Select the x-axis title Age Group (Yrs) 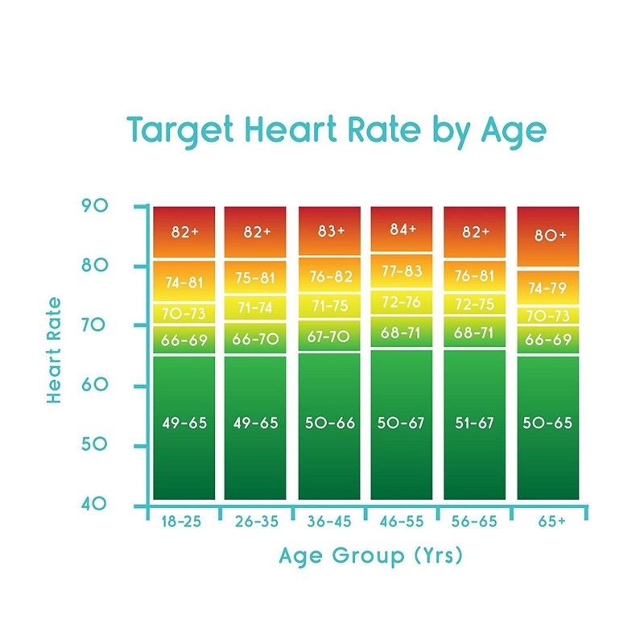point(371,555)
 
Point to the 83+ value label point(330,231)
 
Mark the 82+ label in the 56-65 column point(474,232)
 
